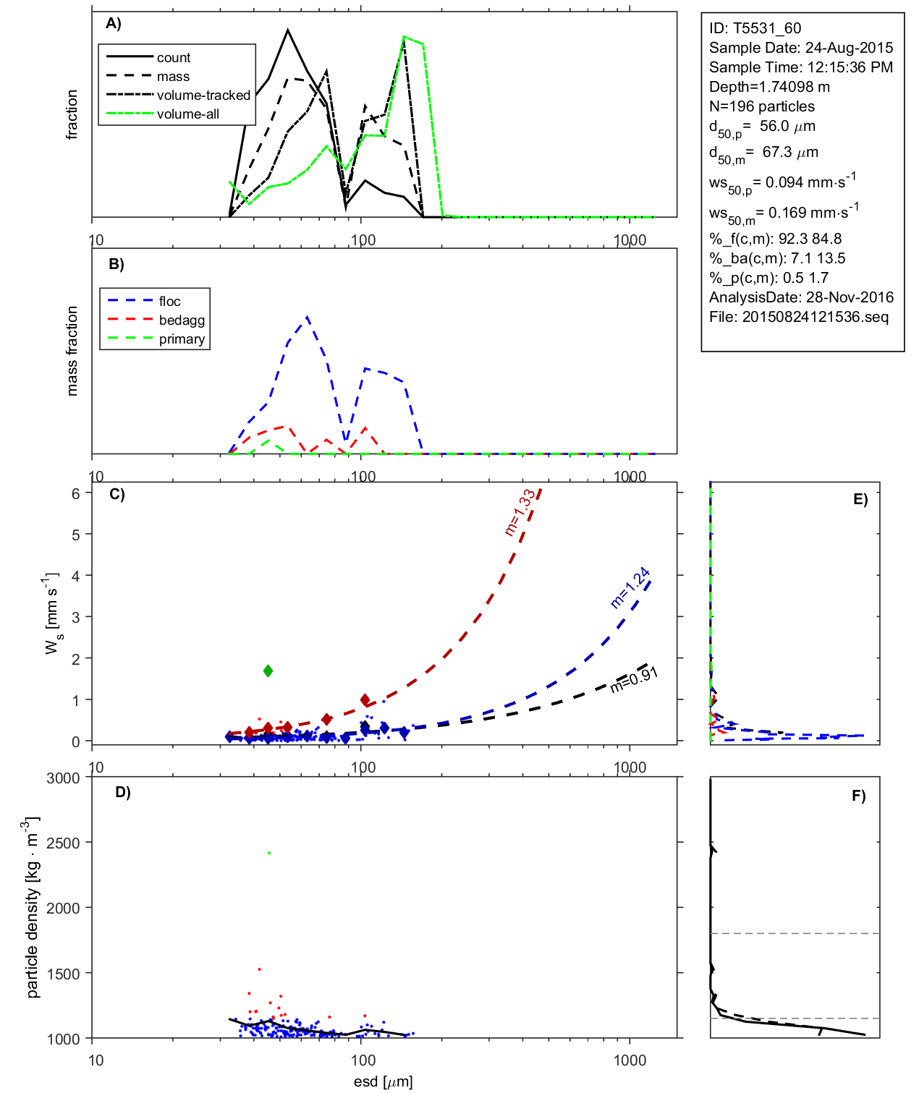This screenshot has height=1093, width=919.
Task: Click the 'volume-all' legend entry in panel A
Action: (x=187, y=114)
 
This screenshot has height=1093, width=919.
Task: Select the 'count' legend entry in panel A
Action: (x=174, y=58)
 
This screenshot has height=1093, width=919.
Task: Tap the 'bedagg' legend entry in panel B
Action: (x=182, y=320)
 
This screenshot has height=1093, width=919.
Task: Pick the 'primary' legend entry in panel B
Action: (x=182, y=339)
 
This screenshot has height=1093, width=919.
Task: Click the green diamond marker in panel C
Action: (x=268, y=671)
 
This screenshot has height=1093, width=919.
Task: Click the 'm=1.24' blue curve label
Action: (x=630, y=587)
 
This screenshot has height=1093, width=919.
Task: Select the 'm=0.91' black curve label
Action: (x=634, y=680)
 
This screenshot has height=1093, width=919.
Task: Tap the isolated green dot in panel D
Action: (x=269, y=854)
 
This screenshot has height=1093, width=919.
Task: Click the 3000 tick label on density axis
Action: (x=63, y=778)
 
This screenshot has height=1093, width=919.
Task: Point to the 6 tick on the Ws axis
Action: (x=75, y=493)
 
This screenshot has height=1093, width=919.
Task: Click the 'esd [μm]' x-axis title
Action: (x=383, y=1081)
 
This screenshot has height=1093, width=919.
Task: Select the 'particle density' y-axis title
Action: (x=32, y=909)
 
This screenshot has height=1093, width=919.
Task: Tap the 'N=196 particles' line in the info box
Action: (x=761, y=106)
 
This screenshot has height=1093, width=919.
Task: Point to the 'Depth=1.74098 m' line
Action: (x=769, y=87)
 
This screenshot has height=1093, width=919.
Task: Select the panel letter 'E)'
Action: (x=860, y=499)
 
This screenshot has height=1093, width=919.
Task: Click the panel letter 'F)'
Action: (x=858, y=796)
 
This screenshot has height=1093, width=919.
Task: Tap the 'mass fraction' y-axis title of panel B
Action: (x=72, y=351)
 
